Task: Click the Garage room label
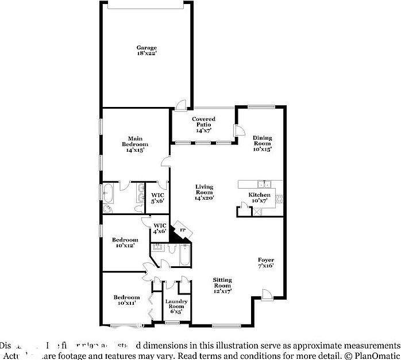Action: [x=146, y=47]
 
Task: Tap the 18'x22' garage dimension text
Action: [x=146, y=53]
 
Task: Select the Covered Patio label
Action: [x=203, y=121]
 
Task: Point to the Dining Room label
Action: [x=263, y=141]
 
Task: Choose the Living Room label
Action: [x=204, y=190]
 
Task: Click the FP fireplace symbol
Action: [x=183, y=231]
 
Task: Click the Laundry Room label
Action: [x=175, y=304]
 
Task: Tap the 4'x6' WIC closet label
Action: [x=159, y=228]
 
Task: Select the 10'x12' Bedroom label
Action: [x=125, y=242]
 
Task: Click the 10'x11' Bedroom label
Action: [x=126, y=300]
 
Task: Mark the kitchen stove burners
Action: [x=280, y=200]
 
